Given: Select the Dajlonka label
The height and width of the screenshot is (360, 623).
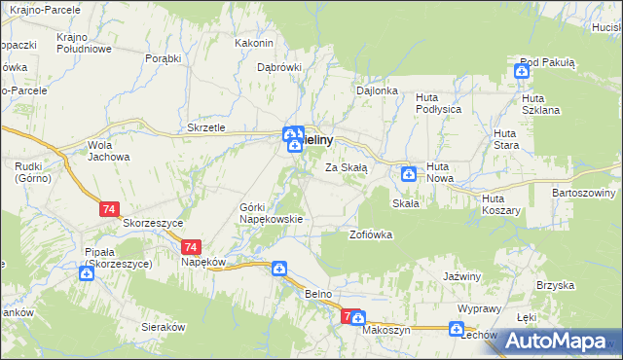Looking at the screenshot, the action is pyautogui.click(x=378, y=90).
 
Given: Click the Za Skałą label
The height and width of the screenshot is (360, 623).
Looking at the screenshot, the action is pyautogui.click(x=346, y=167).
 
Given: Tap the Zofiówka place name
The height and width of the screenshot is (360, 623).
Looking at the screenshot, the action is pyautogui.click(x=371, y=234).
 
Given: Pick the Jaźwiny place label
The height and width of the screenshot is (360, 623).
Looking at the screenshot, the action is pyautogui.click(x=462, y=276).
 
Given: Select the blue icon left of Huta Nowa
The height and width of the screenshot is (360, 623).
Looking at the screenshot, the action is pyautogui.click(x=409, y=174).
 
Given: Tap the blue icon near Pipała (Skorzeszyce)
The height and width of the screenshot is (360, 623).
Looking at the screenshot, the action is pyautogui.click(x=87, y=273).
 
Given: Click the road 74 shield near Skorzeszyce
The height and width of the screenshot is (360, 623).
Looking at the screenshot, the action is pyautogui.click(x=109, y=208).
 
